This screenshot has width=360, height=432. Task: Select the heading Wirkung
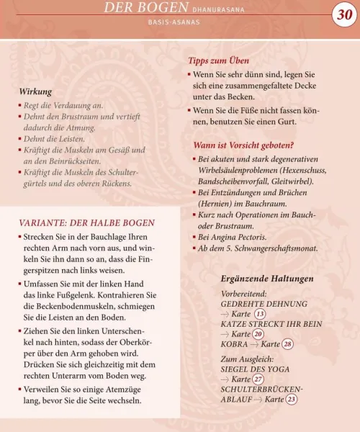pyautogui.click(x=36, y=91)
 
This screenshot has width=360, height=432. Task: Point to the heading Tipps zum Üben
pyautogui.click(x=218, y=61)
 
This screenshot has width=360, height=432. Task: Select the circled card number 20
pyautogui.click(x=258, y=334)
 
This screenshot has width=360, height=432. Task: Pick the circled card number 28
pyautogui.click(x=288, y=344)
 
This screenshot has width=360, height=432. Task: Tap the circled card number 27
pyautogui.click(x=258, y=379)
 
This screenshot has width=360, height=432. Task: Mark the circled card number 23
pyautogui.click(x=292, y=399)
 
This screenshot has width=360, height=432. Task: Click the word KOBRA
pyautogui.click(x=234, y=344)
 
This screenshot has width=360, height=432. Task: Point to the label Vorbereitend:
pyautogui.click(x=244, y=294)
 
